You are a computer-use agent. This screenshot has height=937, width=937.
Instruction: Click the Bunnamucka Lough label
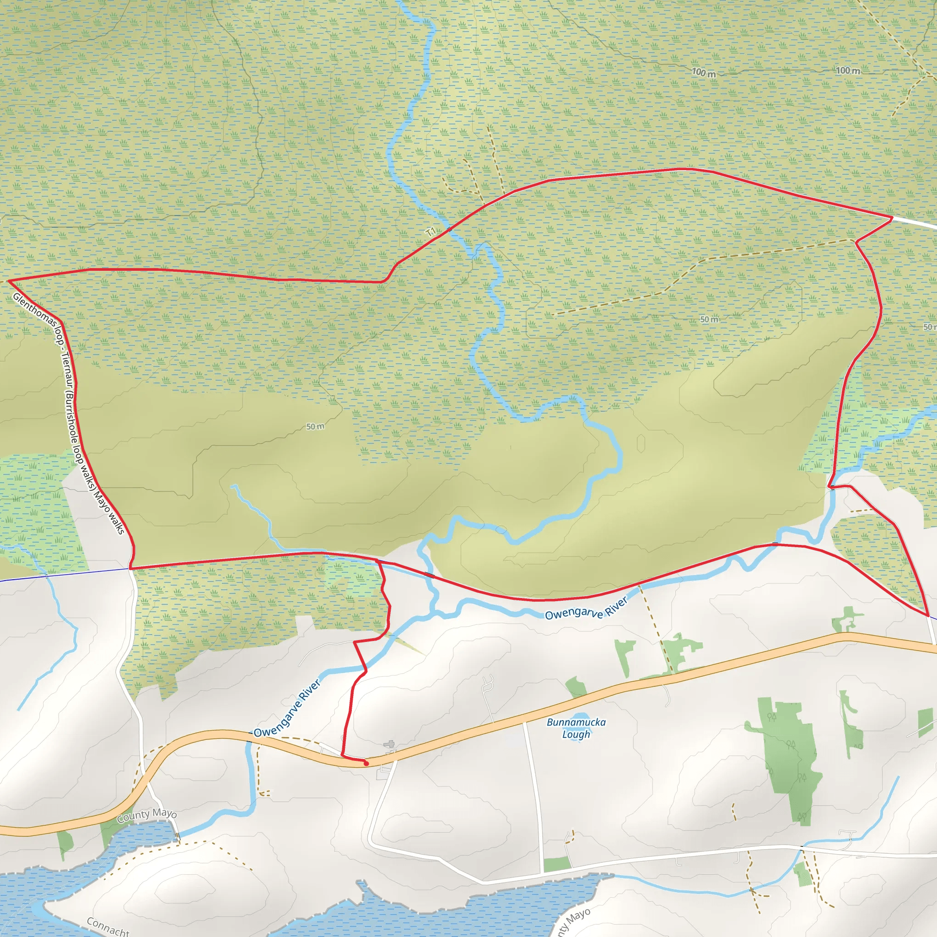coord(576,728)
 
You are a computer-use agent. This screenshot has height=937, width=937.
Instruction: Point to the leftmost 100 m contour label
coord(703,73)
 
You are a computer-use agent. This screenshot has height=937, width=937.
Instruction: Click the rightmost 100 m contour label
coord(848,71)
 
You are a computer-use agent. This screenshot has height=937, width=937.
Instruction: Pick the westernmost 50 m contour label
coord(315,426)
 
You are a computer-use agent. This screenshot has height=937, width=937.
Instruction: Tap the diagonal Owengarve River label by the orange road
coord(287,709)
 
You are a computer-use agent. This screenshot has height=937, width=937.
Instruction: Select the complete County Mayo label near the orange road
coord(147,815)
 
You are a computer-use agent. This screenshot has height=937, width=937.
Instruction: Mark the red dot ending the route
coord(366,764)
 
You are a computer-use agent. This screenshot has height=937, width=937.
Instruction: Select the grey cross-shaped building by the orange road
coord(389,744)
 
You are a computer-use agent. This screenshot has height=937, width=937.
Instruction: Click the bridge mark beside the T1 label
coord(449,228)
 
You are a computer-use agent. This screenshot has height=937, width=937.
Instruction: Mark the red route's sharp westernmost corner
coord(8,280)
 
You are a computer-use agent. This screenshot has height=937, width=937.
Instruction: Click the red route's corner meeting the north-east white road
coord(892,218)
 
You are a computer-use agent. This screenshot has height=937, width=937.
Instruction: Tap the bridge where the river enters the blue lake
coord(178,837)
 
